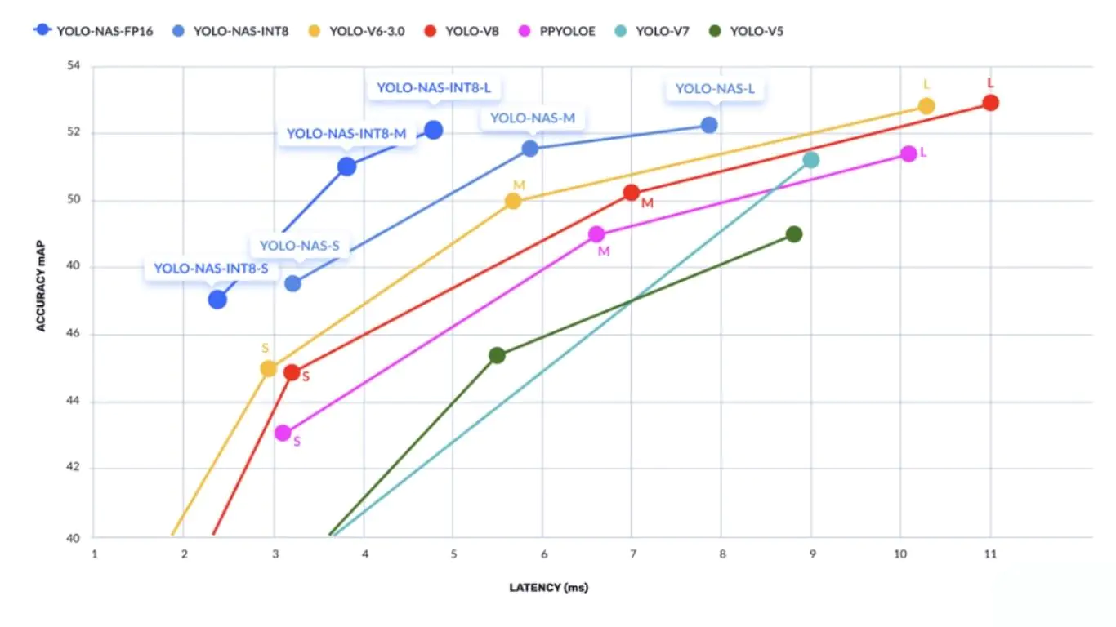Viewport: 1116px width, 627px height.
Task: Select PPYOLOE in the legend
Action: (557, 32)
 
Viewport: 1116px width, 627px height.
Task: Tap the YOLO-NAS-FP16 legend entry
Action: (94, 32)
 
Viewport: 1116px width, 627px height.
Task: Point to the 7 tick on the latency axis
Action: (632, 554)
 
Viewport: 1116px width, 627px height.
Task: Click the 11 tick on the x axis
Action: (989, 554)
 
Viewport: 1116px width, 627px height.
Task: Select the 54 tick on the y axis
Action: (75, 65)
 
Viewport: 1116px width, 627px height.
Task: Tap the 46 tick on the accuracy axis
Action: (75, 334)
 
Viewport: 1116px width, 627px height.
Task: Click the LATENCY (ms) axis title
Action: (548, 587)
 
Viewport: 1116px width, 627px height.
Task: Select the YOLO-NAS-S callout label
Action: (299, 245)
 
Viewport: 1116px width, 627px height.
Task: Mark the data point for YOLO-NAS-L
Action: (709, 125)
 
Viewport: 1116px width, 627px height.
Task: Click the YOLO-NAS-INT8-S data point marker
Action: (217, 300)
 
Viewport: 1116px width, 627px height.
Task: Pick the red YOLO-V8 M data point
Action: (631, 193)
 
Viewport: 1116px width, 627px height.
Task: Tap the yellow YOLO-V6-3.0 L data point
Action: (926, 106)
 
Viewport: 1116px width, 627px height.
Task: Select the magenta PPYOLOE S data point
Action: (283, 433)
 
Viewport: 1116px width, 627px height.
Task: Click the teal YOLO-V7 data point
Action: (810, 160)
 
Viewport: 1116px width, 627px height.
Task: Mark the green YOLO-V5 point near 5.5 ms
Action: (497, 355)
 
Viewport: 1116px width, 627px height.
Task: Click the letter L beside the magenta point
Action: (923, 153)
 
